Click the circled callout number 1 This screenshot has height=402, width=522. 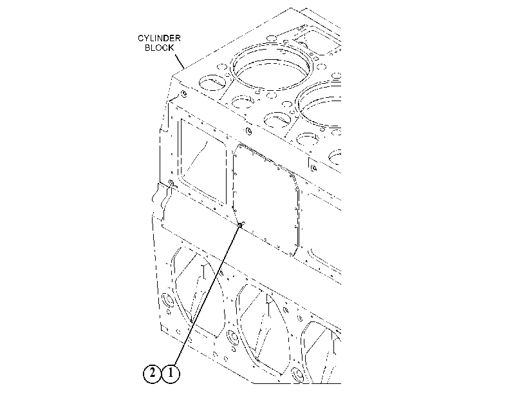point(171,374)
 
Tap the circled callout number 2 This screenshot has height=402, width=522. point(152,374)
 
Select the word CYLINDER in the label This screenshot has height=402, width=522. point(159,39)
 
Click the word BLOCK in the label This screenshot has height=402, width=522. point(160,48)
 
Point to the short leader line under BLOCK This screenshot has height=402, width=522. point(179,61)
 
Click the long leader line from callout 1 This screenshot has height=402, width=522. point(207,294)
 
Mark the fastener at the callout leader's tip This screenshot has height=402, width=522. point(240,225)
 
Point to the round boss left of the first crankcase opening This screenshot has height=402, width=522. point(167,301)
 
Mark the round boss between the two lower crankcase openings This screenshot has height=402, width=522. point(233,338)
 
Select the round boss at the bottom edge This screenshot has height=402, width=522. point(297,374)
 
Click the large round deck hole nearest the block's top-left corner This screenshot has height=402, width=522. point(212,82)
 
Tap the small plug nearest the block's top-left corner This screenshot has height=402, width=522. point(183,94)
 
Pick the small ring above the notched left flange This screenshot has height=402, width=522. point(171,183)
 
